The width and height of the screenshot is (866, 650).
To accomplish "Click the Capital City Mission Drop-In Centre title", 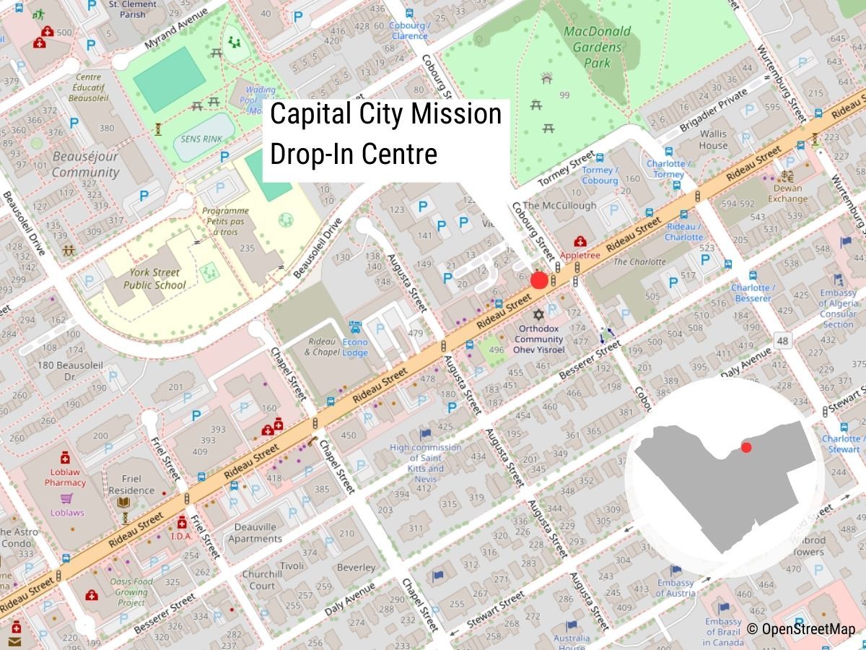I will pos(386,134).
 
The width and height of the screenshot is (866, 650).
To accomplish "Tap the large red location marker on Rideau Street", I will pos(539,281).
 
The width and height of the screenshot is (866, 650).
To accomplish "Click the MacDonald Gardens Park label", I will pos(597,46).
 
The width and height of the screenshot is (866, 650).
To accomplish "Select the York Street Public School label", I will pos(148,279).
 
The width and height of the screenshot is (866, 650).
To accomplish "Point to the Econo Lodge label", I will pos(355,347).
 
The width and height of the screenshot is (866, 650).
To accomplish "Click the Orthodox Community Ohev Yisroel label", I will pos(538,339).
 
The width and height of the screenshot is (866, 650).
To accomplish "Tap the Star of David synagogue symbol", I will pos(538,316).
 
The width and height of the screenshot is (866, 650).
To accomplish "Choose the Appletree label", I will pos(579,255).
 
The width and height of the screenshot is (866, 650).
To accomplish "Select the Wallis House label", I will pos(713,139).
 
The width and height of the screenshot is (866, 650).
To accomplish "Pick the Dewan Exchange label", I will pos(787,194).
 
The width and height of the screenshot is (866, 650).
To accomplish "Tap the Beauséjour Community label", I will pos(85,164).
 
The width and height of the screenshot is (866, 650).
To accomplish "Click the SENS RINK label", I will pos(202,139).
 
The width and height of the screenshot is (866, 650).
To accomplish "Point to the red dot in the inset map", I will pos(746,448).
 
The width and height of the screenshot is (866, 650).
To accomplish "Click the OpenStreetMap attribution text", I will pos(801,629).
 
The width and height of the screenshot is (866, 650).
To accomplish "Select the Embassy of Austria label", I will pos(675,588).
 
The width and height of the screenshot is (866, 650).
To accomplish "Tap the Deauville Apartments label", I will pos(255,532).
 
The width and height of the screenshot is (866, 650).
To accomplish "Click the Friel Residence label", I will pos(131,484).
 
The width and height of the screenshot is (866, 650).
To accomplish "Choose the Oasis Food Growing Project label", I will pos(131,591).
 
